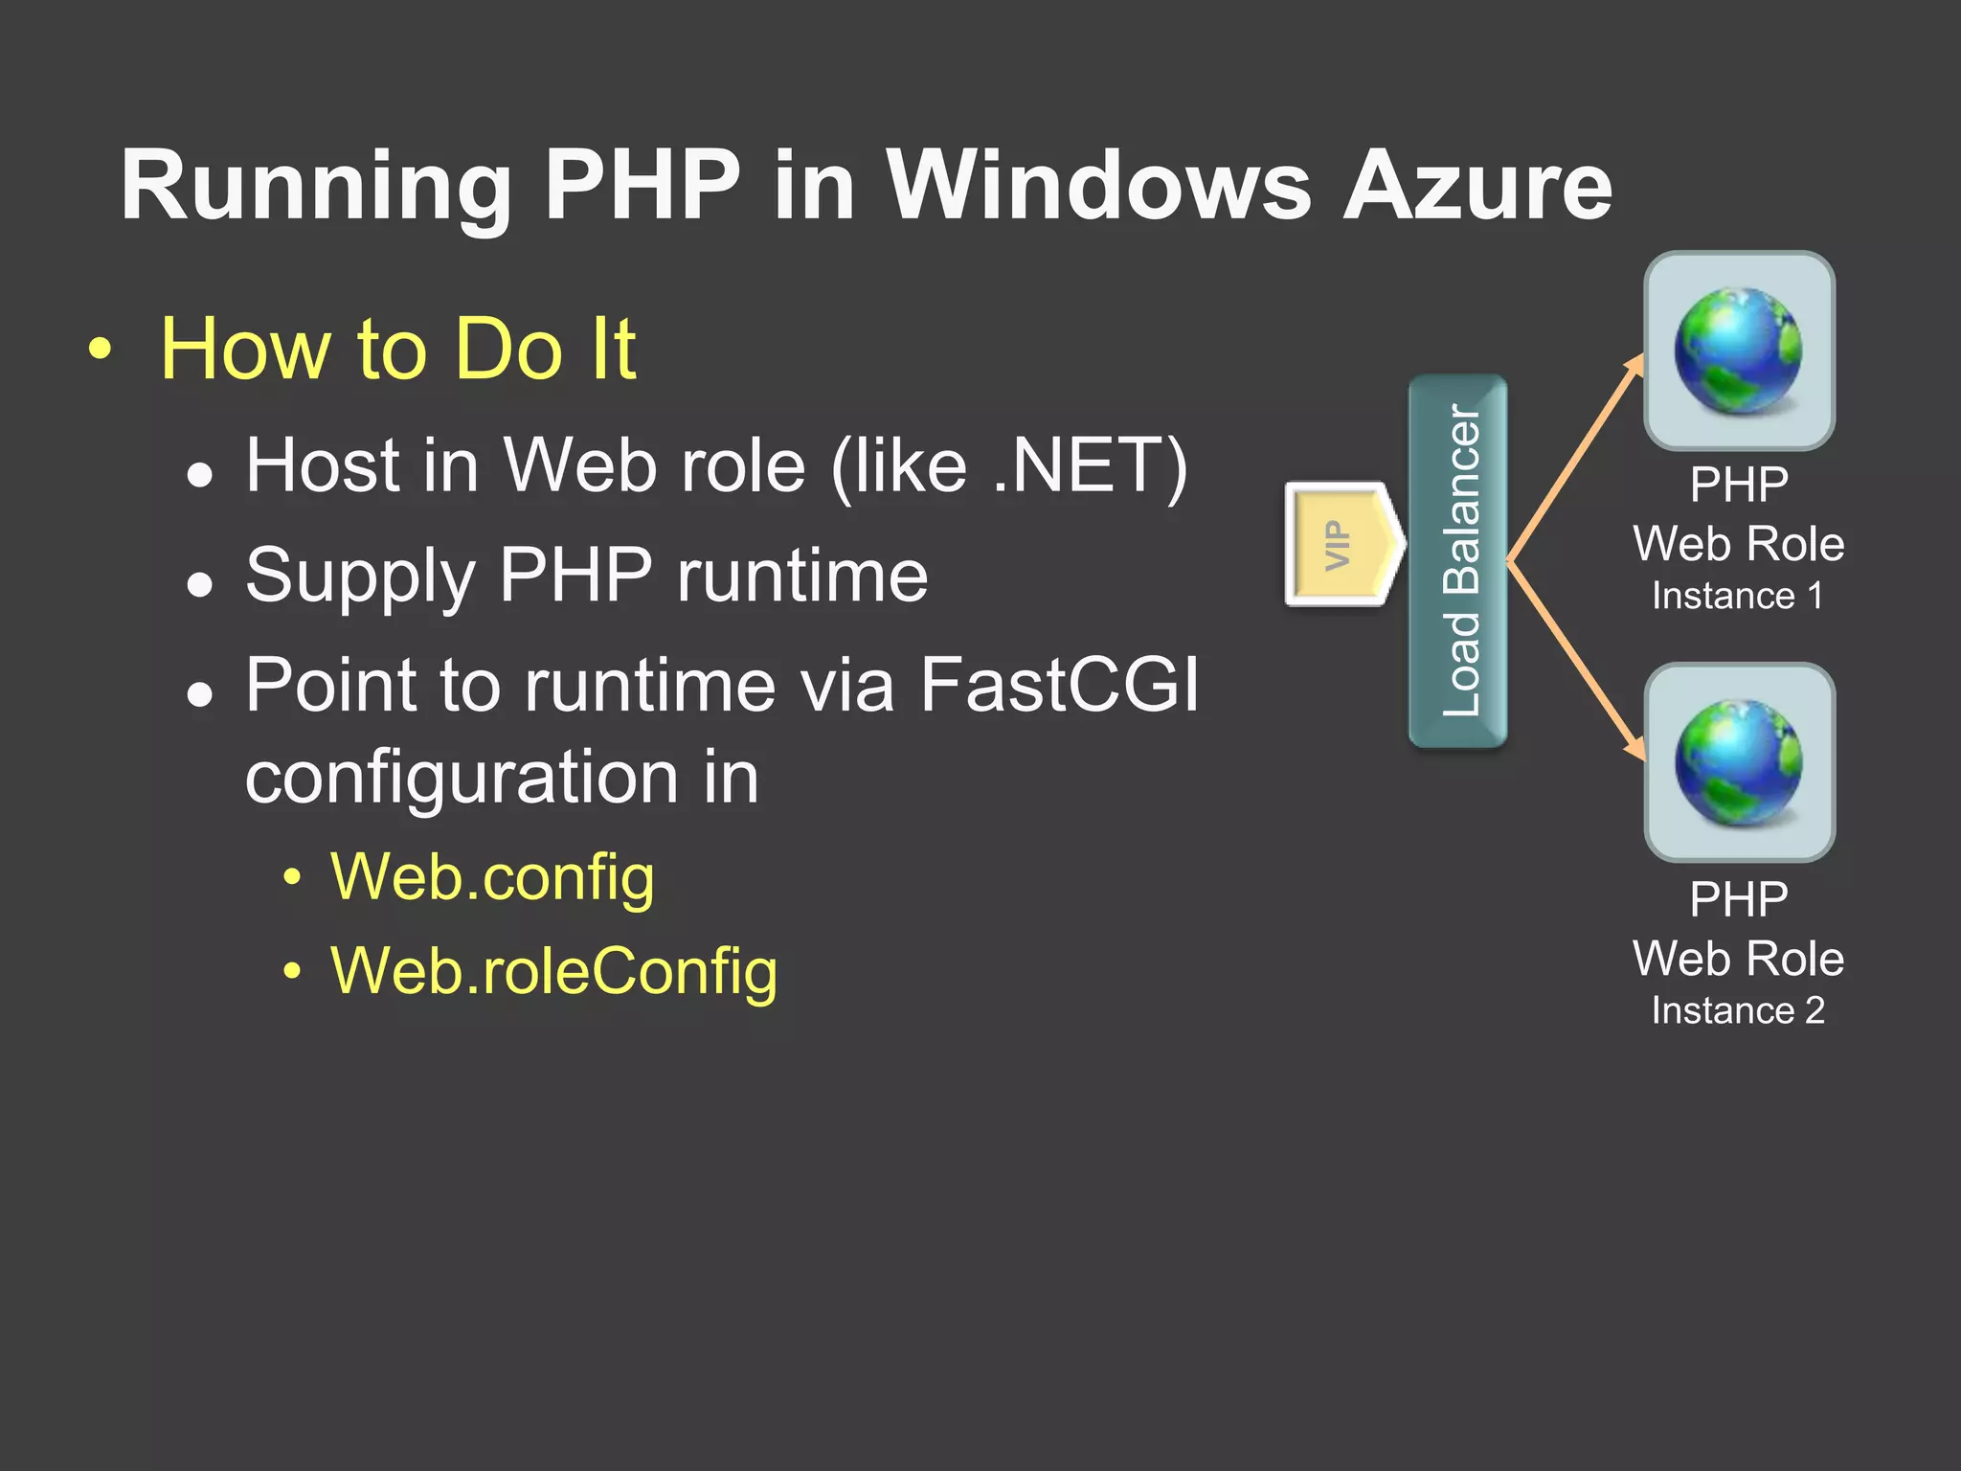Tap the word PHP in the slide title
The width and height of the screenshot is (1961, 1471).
tap(642, 186)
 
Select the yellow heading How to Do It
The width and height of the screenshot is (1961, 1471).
tap(397, 349)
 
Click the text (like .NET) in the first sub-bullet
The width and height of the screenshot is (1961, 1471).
tap(1009, 465)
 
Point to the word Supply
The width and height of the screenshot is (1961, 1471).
tap(360, 577)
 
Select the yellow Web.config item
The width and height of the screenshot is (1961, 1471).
tap(492, 877)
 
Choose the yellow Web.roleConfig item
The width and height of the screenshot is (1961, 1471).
tap(553, 971)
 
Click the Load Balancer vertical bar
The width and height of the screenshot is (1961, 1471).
tap(1458, 560)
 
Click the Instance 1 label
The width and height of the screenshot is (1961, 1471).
tap(1737, 596)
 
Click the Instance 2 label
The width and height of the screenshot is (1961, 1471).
tap(1737, 1011)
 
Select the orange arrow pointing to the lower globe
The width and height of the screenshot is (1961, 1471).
tap(1575, 661)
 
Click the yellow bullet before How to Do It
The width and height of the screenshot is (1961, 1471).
tap(100, 351)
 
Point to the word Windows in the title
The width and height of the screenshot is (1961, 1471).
tap(1098, 186)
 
